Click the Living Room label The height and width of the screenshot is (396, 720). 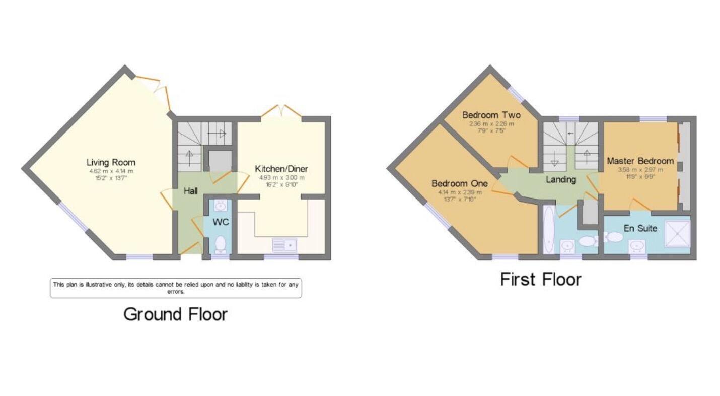click(x=111, y=162)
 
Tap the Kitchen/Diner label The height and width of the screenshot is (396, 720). click(x=281, y=169)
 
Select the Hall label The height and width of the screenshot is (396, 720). click(x=190, y=191)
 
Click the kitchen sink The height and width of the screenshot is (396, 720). click(x=285, y=245)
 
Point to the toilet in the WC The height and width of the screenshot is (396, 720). click(x=220, y=245)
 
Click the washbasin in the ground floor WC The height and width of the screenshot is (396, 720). click(x=220, y=206)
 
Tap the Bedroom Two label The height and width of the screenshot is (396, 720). click(x=491, y=115)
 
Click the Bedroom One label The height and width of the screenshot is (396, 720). click(x=457, y=183)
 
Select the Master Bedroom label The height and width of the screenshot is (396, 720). click(x=640, y=161)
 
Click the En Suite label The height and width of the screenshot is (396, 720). click(x=640, y=228)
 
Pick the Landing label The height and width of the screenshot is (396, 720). click(x=561, y=179)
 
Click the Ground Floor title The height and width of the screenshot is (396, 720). click(x=176, y=314)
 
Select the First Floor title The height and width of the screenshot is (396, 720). click(x=541, y=279)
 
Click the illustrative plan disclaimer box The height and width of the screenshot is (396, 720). click(x=176, y=288)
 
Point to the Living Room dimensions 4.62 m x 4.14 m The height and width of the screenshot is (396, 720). click(x=111, y=172)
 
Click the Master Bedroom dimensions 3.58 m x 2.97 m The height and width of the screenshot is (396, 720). click(x=640, y=170)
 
